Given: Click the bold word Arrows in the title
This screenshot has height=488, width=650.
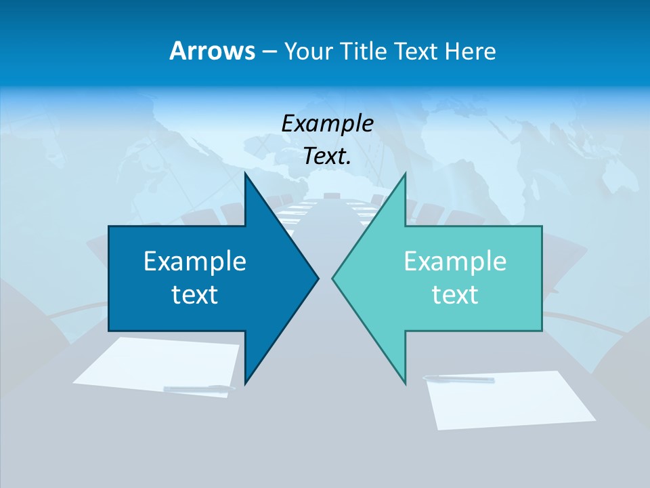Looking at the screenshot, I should tap(211, 51).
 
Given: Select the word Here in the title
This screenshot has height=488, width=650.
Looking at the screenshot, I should tap(471, 51).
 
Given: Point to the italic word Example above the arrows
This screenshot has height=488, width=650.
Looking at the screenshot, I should tap(327, 124).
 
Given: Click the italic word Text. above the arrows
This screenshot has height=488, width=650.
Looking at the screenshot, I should tap(327, 157).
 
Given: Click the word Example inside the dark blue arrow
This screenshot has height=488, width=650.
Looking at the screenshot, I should tap(195, 262).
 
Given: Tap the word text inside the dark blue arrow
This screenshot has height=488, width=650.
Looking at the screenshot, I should tap(195, 295).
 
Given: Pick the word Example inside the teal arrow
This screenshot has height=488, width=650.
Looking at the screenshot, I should tap(455, 262).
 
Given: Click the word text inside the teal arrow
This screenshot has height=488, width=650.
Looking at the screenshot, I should tap(455, 295).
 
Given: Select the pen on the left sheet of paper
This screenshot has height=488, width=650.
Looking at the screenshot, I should tap(199, 388).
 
